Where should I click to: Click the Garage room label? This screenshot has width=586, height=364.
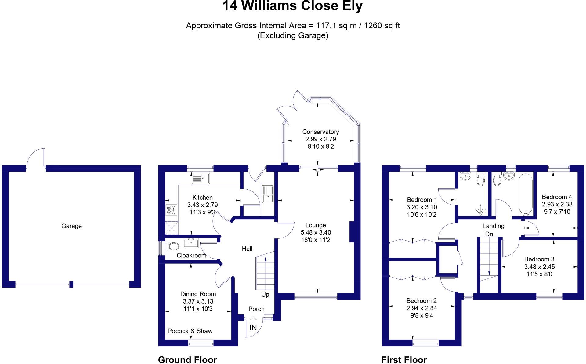pos(71,226)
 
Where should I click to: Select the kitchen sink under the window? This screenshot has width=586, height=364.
pos(201,178)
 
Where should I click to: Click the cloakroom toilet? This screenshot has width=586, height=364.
pos(173,246)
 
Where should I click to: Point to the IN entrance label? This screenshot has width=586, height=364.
pos(253,328)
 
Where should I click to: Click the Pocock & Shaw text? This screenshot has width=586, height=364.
pos(190,331)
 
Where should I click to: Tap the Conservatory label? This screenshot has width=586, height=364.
pos(320,132)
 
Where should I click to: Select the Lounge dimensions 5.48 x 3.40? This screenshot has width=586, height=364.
pos(316,233)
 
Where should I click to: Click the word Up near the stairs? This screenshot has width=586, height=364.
pos(265,294)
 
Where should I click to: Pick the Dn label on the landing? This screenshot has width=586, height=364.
pos(489,234)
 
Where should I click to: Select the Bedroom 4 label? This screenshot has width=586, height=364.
pos(557,197)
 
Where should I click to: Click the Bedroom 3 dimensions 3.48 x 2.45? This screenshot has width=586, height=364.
pos(540,267)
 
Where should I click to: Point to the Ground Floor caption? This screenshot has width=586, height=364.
pos(187,360)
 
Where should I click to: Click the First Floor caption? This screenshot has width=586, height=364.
pos(404,360)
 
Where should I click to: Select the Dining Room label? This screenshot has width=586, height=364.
pos(198,294)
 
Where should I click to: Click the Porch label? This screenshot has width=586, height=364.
pos(256,309)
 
